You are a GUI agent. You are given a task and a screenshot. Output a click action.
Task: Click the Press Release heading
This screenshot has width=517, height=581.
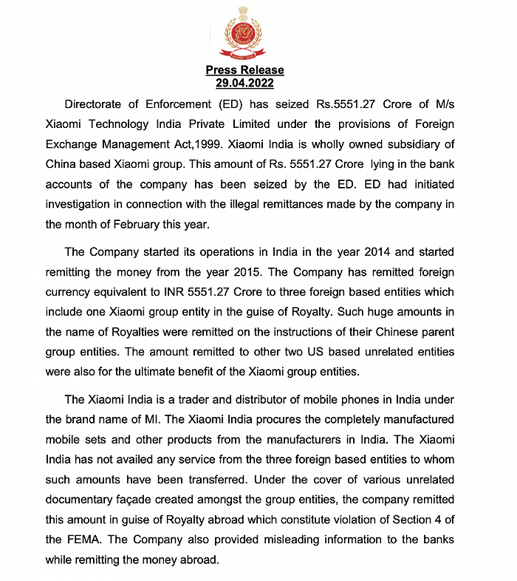[244, 70]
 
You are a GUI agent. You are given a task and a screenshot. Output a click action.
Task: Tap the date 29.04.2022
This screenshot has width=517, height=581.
[244, 83]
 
